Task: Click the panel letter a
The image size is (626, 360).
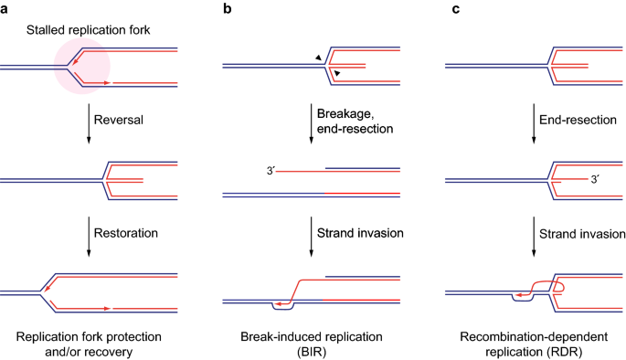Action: point(4,9)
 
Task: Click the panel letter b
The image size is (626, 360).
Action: point(228,8)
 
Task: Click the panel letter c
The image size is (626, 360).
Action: point(455,9)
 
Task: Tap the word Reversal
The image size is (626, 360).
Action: point(119,120)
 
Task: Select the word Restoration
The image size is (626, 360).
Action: point(126,233)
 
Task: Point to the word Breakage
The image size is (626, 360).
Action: point(345,114)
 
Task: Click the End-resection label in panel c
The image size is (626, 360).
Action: point(578,120)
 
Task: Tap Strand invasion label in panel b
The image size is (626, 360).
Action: point(360,233)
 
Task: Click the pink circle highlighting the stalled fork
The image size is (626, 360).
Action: point(82,67)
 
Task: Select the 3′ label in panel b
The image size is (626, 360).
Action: point(271,171)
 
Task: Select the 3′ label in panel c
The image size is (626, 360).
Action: point(595,179)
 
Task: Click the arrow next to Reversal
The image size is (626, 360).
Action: point(89,123)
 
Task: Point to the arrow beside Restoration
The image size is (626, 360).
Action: point(89,237)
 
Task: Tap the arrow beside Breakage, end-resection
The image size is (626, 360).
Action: point(312,123)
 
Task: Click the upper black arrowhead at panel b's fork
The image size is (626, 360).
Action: point(319,58)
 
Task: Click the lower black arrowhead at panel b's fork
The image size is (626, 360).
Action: point(337,73)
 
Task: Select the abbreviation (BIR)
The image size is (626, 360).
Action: point(312,352)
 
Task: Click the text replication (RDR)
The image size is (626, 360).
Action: point(534,352)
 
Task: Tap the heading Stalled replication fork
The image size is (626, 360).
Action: point(89,30)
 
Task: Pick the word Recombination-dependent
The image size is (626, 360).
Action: point(534,337)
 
